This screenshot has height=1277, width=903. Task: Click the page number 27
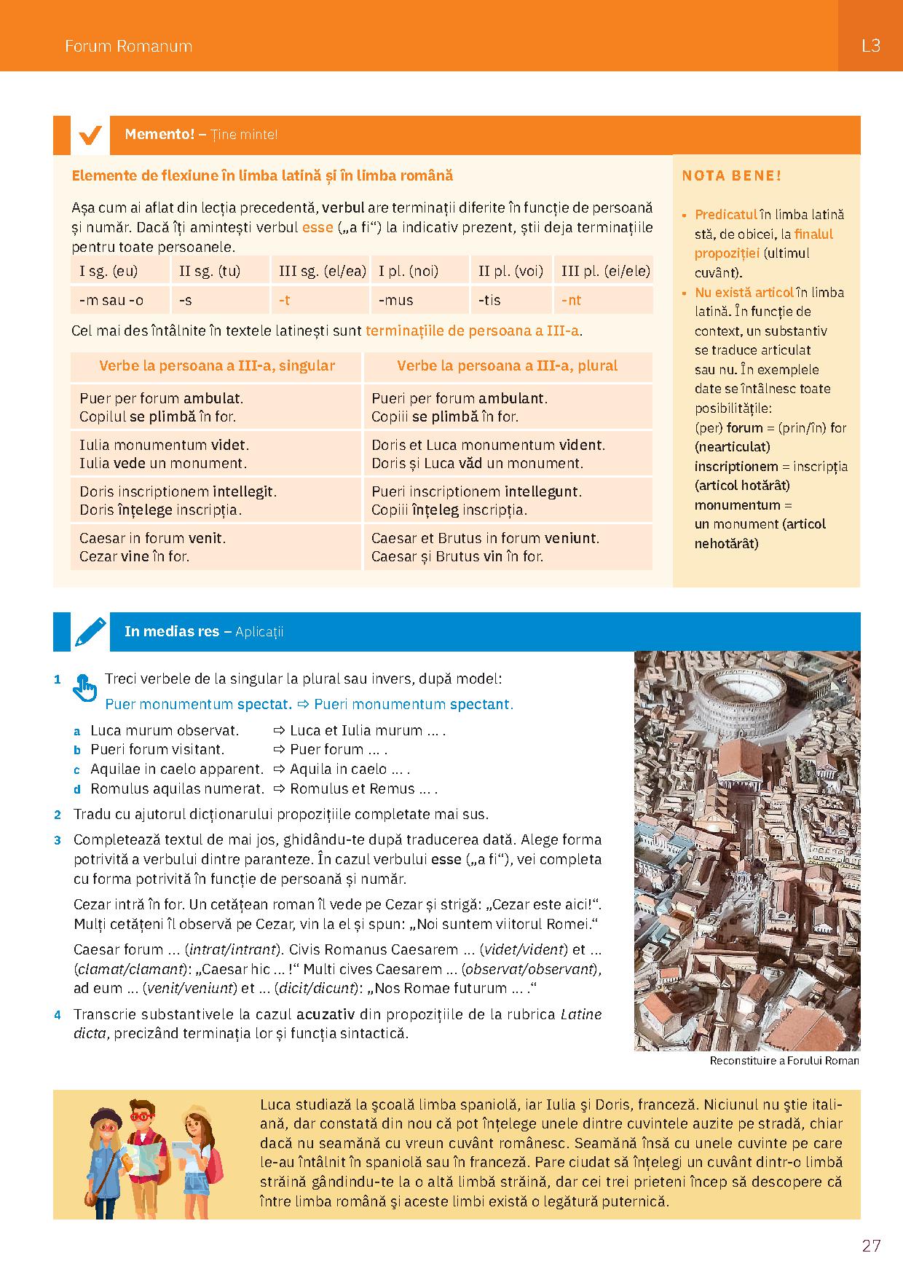click(x=871, y=1246)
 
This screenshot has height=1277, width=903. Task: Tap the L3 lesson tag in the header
click(x=870, y=45)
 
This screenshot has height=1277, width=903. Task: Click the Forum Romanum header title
click(x=128, y=46)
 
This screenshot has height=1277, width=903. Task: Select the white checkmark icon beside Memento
click(x=90, y=135)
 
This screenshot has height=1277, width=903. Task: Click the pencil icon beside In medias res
click(x=90, y=632)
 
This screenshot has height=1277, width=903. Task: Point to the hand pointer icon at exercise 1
click(x=84, y=686)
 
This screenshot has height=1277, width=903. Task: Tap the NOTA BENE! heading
click(x=732, y=176)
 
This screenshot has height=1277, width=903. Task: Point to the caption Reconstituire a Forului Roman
click(x=784, y=1061)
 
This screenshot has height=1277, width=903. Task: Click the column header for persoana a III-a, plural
click(x=507, y=365)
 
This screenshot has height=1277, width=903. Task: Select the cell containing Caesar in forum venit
click(x=216, y=547)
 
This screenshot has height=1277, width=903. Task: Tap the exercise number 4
click(x=58, y=1014)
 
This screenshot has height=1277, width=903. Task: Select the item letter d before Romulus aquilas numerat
click(x=76, y=789)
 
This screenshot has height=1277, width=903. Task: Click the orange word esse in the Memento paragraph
click(x=318, y=227)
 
